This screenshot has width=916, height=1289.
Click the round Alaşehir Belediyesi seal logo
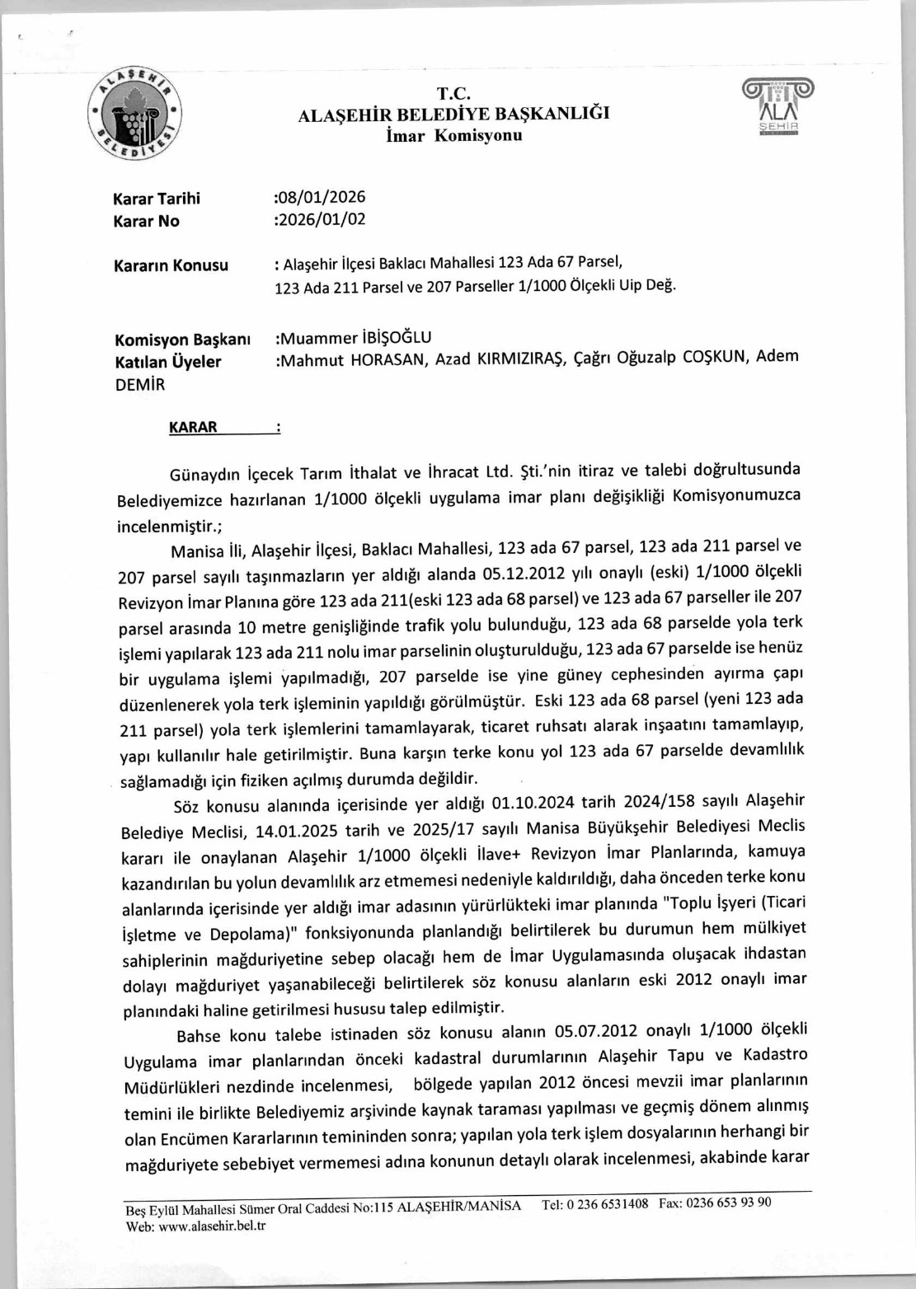click(x=135, y=115)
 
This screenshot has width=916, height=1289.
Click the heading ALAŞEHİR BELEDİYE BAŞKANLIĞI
click(x=453, y=114)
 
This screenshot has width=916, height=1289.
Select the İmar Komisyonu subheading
click(x=453, y=135)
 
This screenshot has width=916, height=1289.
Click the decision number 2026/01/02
click(x=321, y=219)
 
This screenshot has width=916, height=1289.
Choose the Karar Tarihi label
click(x=157, y=199)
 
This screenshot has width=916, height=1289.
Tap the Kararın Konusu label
click(x=171, y=265)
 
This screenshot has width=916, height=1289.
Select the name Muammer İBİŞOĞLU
click(x=354, y=337)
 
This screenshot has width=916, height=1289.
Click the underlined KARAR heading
click(x=193, y=427)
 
